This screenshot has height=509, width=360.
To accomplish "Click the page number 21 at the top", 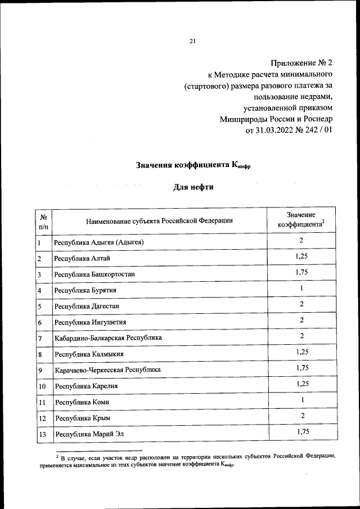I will (x=193, y=40).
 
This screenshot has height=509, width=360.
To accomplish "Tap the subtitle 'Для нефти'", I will (x=193, y=187).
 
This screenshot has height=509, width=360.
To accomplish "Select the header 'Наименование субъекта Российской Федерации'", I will (x=159, y=220).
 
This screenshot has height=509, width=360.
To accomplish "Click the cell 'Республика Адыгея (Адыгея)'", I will (x=100, y=242).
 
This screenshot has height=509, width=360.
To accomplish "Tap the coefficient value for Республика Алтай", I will (x=301, y=256).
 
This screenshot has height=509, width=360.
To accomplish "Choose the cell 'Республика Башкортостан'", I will (x=94, y=274).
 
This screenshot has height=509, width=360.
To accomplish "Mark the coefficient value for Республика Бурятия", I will (x=301, y=289).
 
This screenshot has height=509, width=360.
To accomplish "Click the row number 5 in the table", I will (x=40, y=307).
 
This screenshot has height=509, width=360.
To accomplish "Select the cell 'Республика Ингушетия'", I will (x=90, y=322).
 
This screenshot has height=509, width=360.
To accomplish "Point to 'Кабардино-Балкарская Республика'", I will (x=108, y=338).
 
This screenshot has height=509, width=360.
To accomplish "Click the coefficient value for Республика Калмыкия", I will (x=301, y=352).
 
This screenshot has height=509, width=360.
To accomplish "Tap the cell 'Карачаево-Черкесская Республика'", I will (x=107, y=370).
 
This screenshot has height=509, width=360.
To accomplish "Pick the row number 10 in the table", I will (x=42, y=387).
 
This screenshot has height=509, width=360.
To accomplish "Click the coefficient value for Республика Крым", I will (x=301, y=415).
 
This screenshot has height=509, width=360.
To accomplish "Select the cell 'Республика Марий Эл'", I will (x=88, y=434).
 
